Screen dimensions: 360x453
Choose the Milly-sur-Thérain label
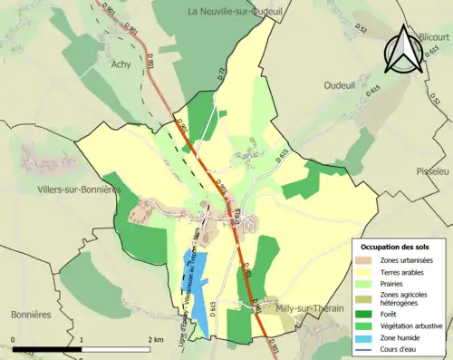pos(310,309)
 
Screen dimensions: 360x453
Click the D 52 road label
pos(361,34)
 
